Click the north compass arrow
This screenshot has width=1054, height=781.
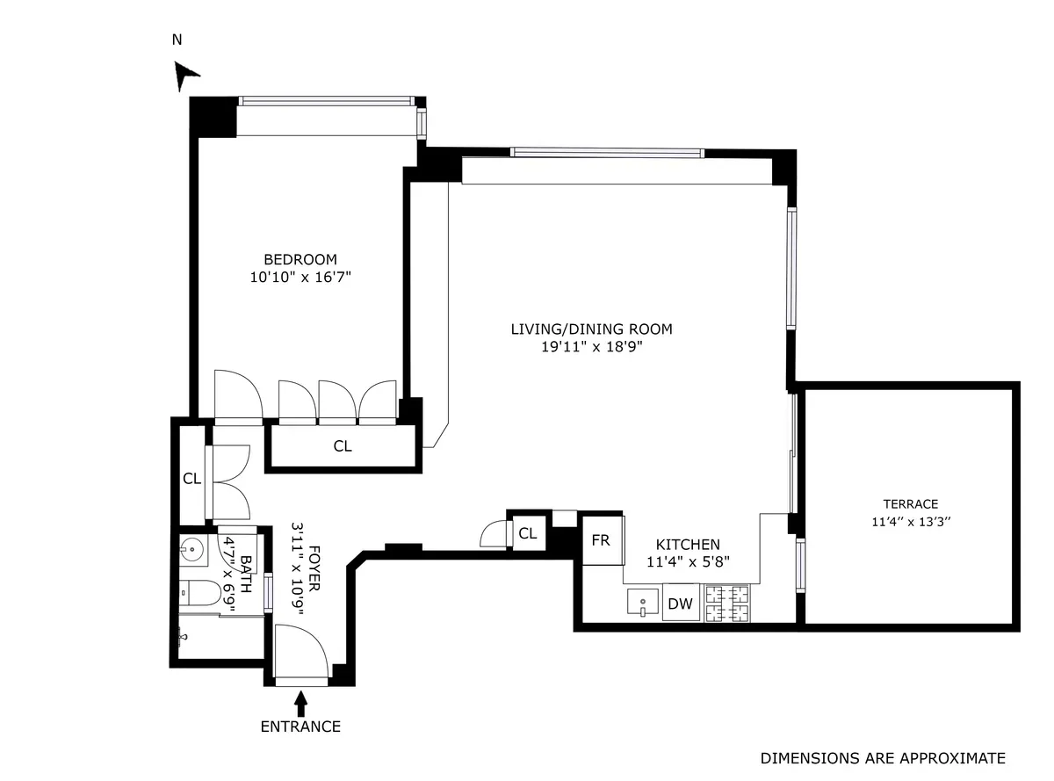pyautogui.click(x=184, y=75)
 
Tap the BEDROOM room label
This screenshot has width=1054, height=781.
pyautogui.click(x=300, y=259)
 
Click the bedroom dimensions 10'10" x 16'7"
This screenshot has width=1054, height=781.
pyautogui.click(x=300, y=277)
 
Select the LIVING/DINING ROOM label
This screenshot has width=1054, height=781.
pyautogui.click(x=591, y=329)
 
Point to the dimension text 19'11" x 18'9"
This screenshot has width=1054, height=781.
pyautogui.click(x=591, y=346)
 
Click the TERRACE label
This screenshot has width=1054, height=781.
pyautogui.click(x=911, y=504)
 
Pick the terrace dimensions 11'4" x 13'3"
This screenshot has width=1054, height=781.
pyautogui.click(x=911, y=520)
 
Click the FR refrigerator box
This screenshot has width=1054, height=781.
pyautogui.click(x=601, y=540)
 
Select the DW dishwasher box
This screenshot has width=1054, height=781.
pyautogui.click(x=681, y=604)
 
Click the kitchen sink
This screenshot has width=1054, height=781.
pyautogui.click(x=644, y=603)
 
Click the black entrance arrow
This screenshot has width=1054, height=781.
pyautogui.click(x=301, y=702)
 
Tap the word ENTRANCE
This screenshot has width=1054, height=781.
pyautogui.click(x=300, y=727)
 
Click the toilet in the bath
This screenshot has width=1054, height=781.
pyautogui.click(x=198, y=595)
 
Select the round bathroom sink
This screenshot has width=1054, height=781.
pyautogui.click(x=192, y=551)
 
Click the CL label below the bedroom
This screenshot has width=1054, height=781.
pyautogui.click(x=343, y=446)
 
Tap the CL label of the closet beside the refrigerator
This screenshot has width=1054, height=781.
pyautogui.click(x=528, y=533)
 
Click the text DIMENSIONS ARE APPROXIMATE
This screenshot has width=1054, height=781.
pyautogui.click(x=883, y=758)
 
